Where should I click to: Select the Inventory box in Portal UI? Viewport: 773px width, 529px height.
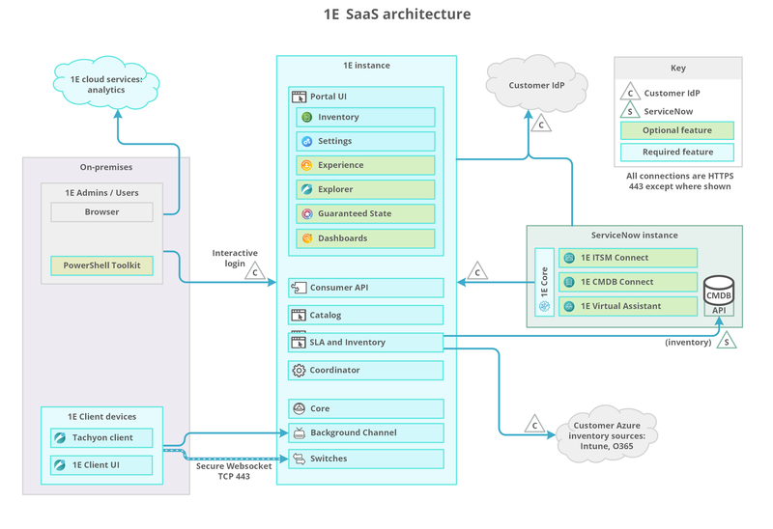coord(365,117)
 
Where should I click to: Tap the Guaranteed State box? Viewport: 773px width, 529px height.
coord(365,213)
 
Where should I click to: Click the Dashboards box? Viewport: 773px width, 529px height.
coord(365,237)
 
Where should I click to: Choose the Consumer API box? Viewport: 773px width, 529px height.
coord(365,288)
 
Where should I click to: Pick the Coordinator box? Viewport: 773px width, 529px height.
coord(365,370)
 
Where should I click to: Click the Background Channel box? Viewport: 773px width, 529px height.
coord(365,432)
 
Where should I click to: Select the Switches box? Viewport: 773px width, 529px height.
coord(365,459)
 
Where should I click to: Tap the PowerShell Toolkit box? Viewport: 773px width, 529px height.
coord(101,264)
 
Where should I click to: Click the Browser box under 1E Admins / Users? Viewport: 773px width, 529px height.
coord(101,210)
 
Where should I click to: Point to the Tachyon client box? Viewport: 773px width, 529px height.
coord(101,438)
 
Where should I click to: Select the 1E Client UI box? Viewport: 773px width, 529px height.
coord(101,465)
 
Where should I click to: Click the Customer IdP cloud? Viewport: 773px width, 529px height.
coord(538,86)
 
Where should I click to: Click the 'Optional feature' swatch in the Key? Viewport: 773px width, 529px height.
coord(676,130)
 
